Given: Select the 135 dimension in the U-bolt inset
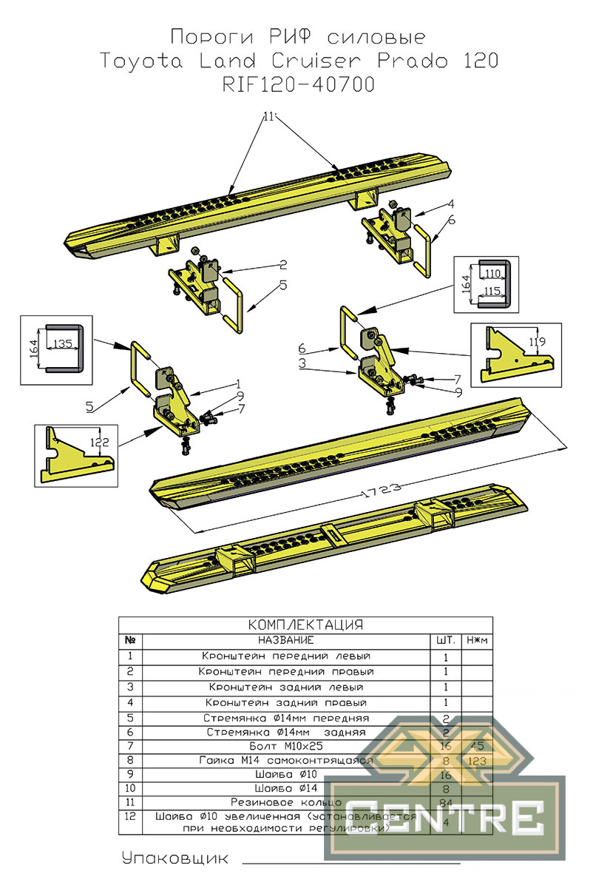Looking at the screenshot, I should [x=63, y=343].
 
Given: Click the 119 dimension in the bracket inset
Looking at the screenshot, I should [x=538, y=342].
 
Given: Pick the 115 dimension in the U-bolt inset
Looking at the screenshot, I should [x=493, y=292].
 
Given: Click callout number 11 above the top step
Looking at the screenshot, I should [x=268, y=116].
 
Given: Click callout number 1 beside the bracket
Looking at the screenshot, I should [x=238, y=384].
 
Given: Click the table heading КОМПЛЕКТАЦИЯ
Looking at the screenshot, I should [x=305, y=625].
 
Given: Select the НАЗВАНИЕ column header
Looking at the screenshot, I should [x=285, y=639].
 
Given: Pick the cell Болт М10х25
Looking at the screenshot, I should [x=285, y=746].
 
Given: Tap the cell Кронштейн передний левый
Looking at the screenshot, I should [x=285, y=656].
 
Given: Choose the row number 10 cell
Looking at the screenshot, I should [x=130, y=788].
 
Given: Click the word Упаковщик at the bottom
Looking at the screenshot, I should [x=175, y=858].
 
